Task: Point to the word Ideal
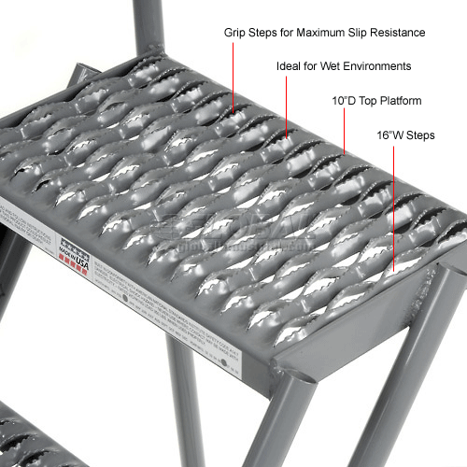[x=289, y=66]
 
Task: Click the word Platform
[x=401, y=100]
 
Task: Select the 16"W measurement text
[x=389, y=134]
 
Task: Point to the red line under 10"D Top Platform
[x=346, y=131]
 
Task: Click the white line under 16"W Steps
[x=390, y=205]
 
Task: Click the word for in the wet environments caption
[x=317, y=66]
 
